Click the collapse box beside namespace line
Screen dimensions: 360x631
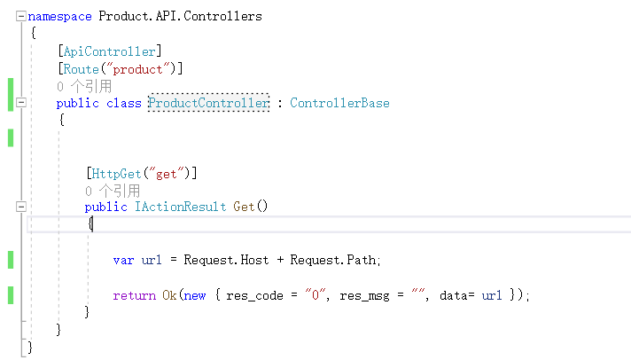point(19,16)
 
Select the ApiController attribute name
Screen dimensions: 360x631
point(110,51)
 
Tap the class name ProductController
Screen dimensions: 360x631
point(208,103)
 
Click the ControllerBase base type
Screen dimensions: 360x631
point(339,103)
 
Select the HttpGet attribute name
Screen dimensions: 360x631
point(117,172)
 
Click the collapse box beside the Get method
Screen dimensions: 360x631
point(19,207)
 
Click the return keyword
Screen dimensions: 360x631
point(134,294)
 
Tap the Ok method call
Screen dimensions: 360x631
point(169,294)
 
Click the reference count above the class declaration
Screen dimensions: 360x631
point(84,86)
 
